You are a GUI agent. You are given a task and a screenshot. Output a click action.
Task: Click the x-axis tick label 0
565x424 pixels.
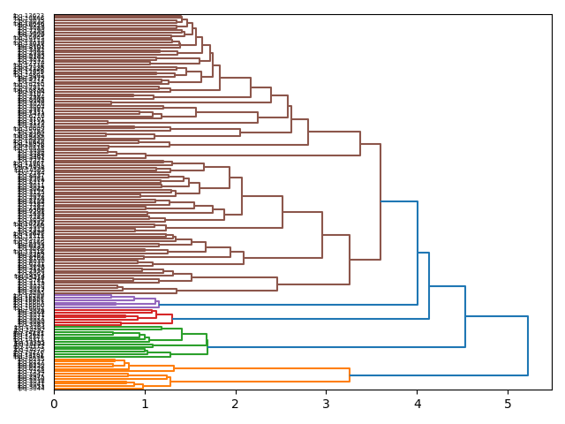[54, 404]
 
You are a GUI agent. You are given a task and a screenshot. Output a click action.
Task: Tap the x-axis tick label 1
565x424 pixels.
[145, 404]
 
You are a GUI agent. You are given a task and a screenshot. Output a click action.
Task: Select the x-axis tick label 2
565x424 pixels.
[236, 404]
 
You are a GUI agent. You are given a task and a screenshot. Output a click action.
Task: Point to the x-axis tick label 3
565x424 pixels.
[326, 404]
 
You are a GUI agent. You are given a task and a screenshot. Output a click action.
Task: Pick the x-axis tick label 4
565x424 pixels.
[417, 404]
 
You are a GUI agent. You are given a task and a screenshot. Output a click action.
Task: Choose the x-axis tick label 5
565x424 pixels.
[508, 404]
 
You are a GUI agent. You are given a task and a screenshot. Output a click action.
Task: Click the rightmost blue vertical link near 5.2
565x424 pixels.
[528, 345]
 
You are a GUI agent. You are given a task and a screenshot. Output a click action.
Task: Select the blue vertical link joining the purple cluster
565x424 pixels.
[418, 253]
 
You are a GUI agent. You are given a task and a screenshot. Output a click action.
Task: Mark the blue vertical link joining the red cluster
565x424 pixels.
[429, 285]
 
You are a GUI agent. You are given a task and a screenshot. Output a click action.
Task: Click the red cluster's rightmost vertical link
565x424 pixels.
[172, 318]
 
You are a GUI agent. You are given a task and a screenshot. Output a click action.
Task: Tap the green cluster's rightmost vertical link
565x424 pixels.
[207, 345]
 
